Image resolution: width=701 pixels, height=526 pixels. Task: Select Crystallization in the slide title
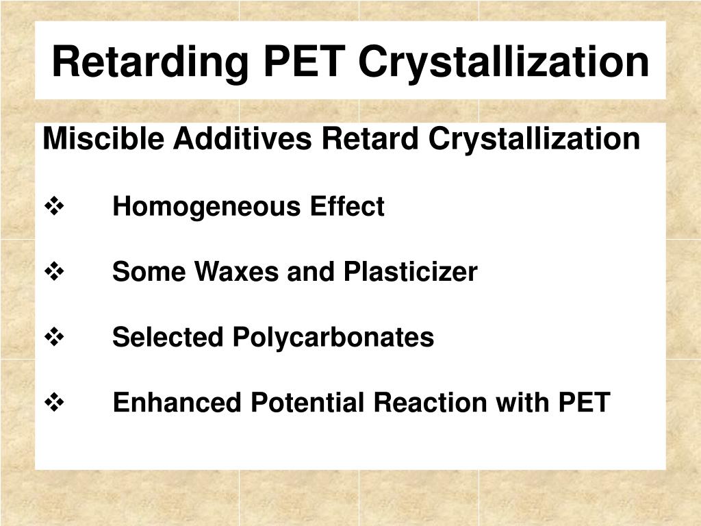point(504,62)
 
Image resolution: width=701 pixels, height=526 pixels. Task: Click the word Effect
point(346,206)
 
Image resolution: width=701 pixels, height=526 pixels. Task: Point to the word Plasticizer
point(410,273)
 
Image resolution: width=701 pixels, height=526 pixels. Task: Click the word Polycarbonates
point(333,338)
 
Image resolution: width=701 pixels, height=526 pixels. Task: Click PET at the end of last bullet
point(584,403)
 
